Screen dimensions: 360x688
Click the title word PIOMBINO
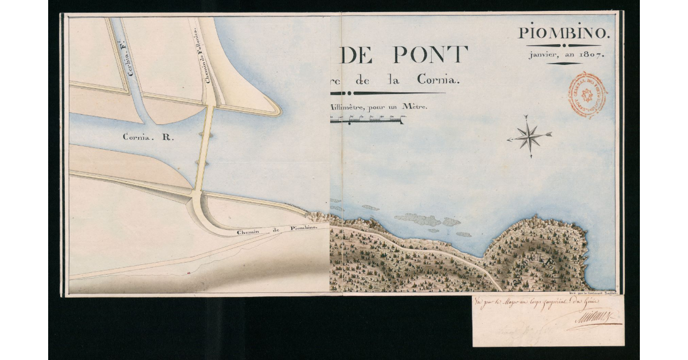coord(565,34)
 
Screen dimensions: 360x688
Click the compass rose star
coord(530,136)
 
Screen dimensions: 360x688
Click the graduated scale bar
coord(367,120)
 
